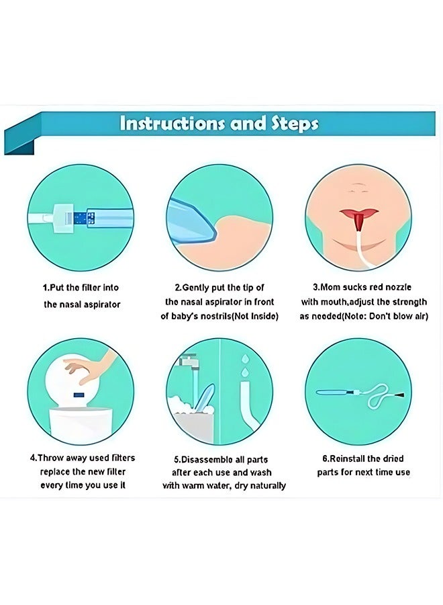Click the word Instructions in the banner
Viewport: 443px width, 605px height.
pyautogui.click(x=173, y=124)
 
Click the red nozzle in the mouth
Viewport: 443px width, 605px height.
pyautogui.click(x=359, y=221)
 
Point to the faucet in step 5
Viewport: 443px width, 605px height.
pyautogui.click(x=189, y=361)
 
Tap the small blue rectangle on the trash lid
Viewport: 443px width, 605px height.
pyautogui.click(x=79, y=395)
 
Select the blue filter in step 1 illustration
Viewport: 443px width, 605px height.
pyautogui.click(x=80, y=218)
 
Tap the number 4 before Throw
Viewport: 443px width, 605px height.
pyautogui.click(x=33, y=458)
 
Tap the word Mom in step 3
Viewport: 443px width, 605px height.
pyautogui.click(x=330, y=288)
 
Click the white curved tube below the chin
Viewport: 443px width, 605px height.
pyautogui.click(x=364, y=251)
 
